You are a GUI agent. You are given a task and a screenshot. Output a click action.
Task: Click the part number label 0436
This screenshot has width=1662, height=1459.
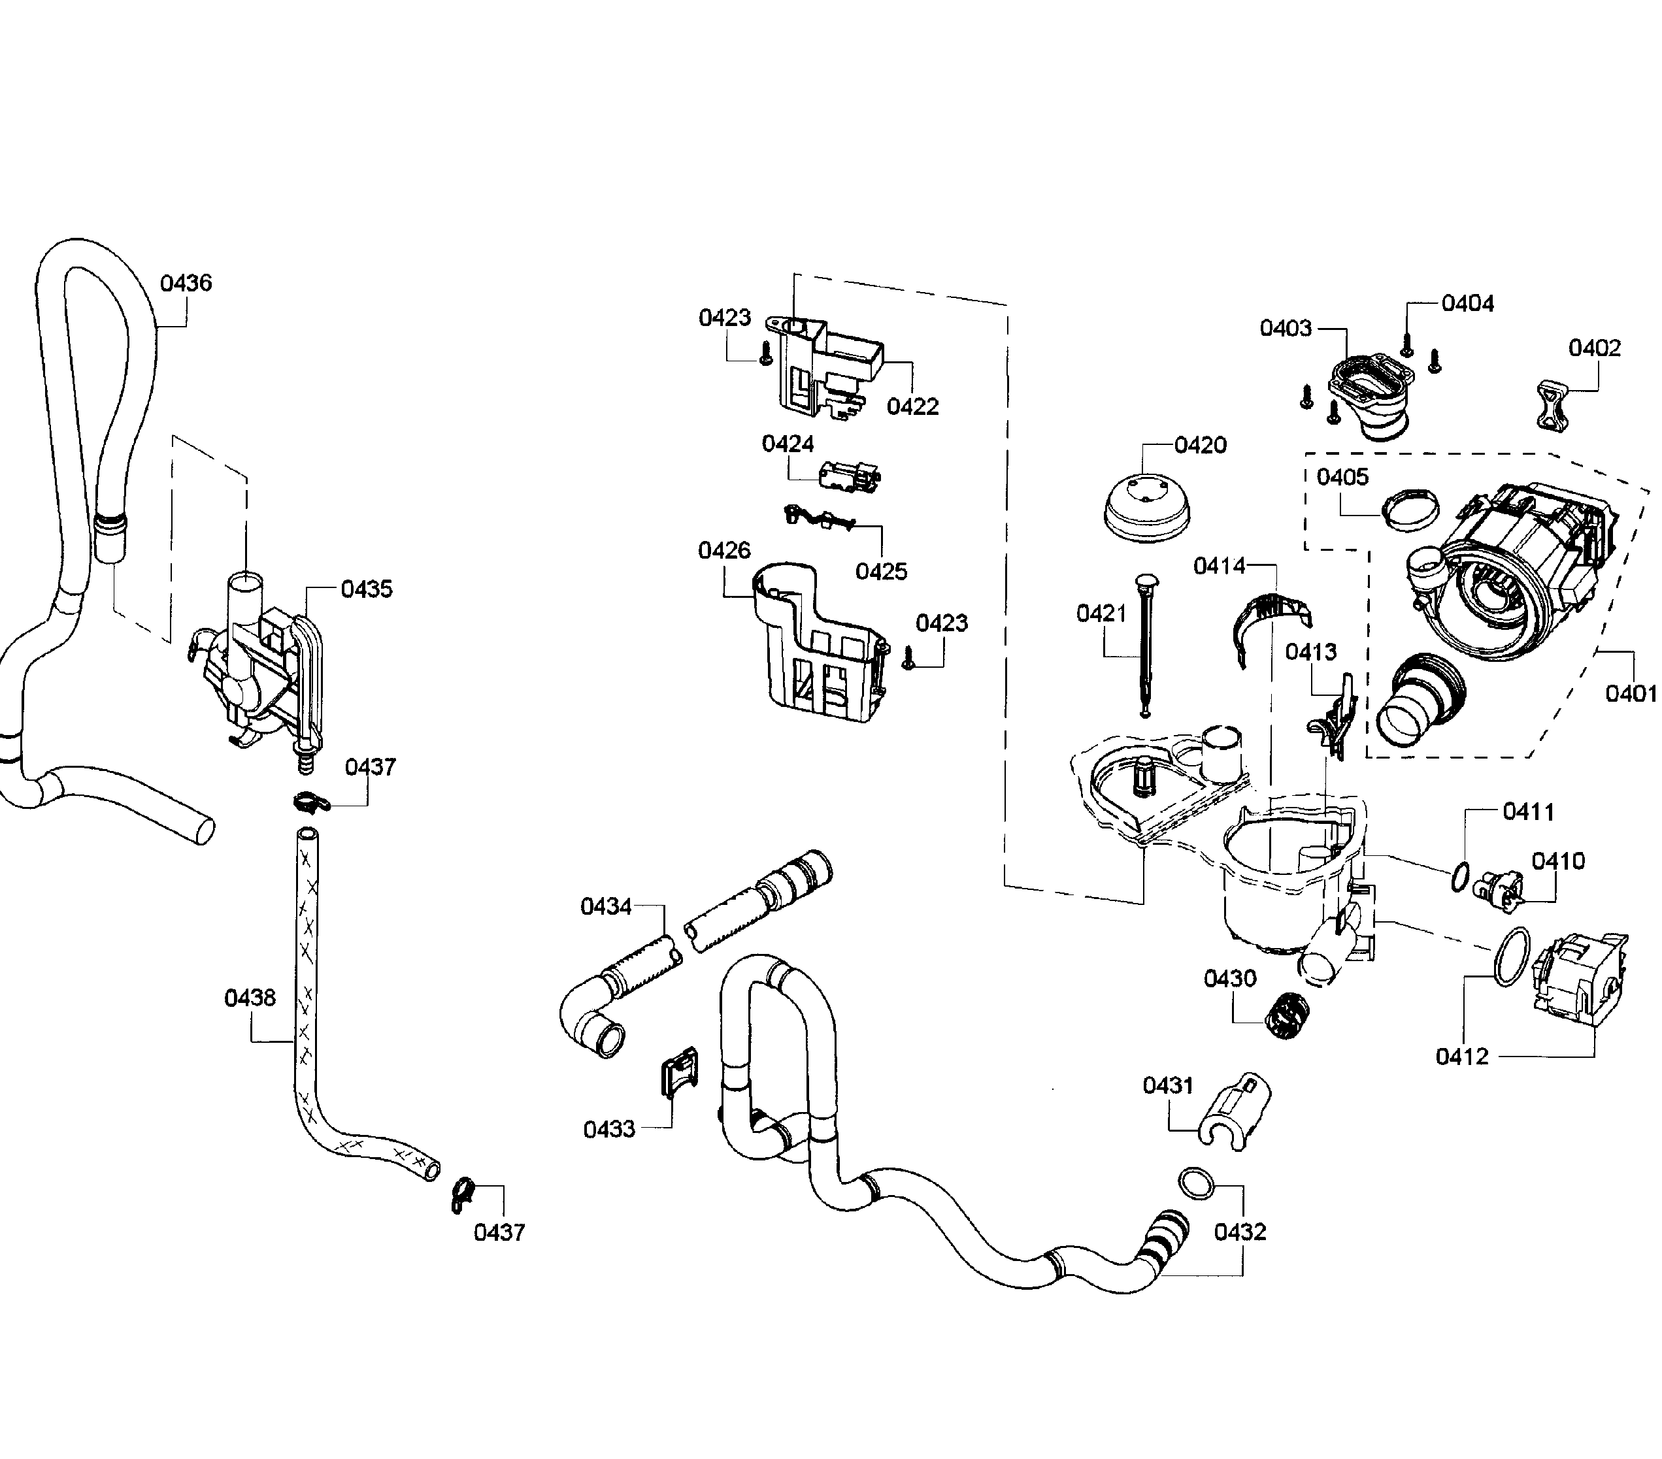click(186, 283)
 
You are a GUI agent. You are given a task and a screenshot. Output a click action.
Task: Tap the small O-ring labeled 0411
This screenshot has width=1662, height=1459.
click(1459, 876)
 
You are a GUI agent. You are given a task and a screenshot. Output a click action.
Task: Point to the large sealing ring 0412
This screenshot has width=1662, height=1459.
click(1512, 956)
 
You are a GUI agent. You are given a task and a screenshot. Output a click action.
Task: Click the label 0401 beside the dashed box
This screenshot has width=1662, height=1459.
click(1629, 693)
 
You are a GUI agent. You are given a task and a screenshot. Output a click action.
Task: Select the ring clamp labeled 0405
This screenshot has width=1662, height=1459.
click(1411, 510)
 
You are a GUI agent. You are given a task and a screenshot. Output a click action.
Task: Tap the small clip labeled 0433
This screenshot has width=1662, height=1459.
click(678, 1073)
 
